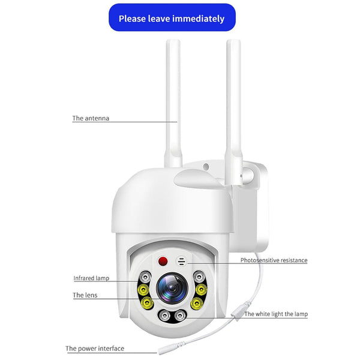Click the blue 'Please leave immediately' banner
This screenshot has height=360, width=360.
[x=172, y=18]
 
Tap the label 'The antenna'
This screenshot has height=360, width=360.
[x=91, y=118]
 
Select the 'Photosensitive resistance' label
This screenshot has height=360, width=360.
[x=274, y=260]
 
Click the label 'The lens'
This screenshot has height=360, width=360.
[x=85, y=295]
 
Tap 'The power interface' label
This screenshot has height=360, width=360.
[x=95, y=348]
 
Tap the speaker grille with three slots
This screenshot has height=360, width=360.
[x=182, y=262]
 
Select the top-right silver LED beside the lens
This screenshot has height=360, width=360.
[x=199, y=277]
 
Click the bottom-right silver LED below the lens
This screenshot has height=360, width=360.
[x=180, y=316]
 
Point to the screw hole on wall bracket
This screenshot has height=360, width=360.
[x=206, y=167]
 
